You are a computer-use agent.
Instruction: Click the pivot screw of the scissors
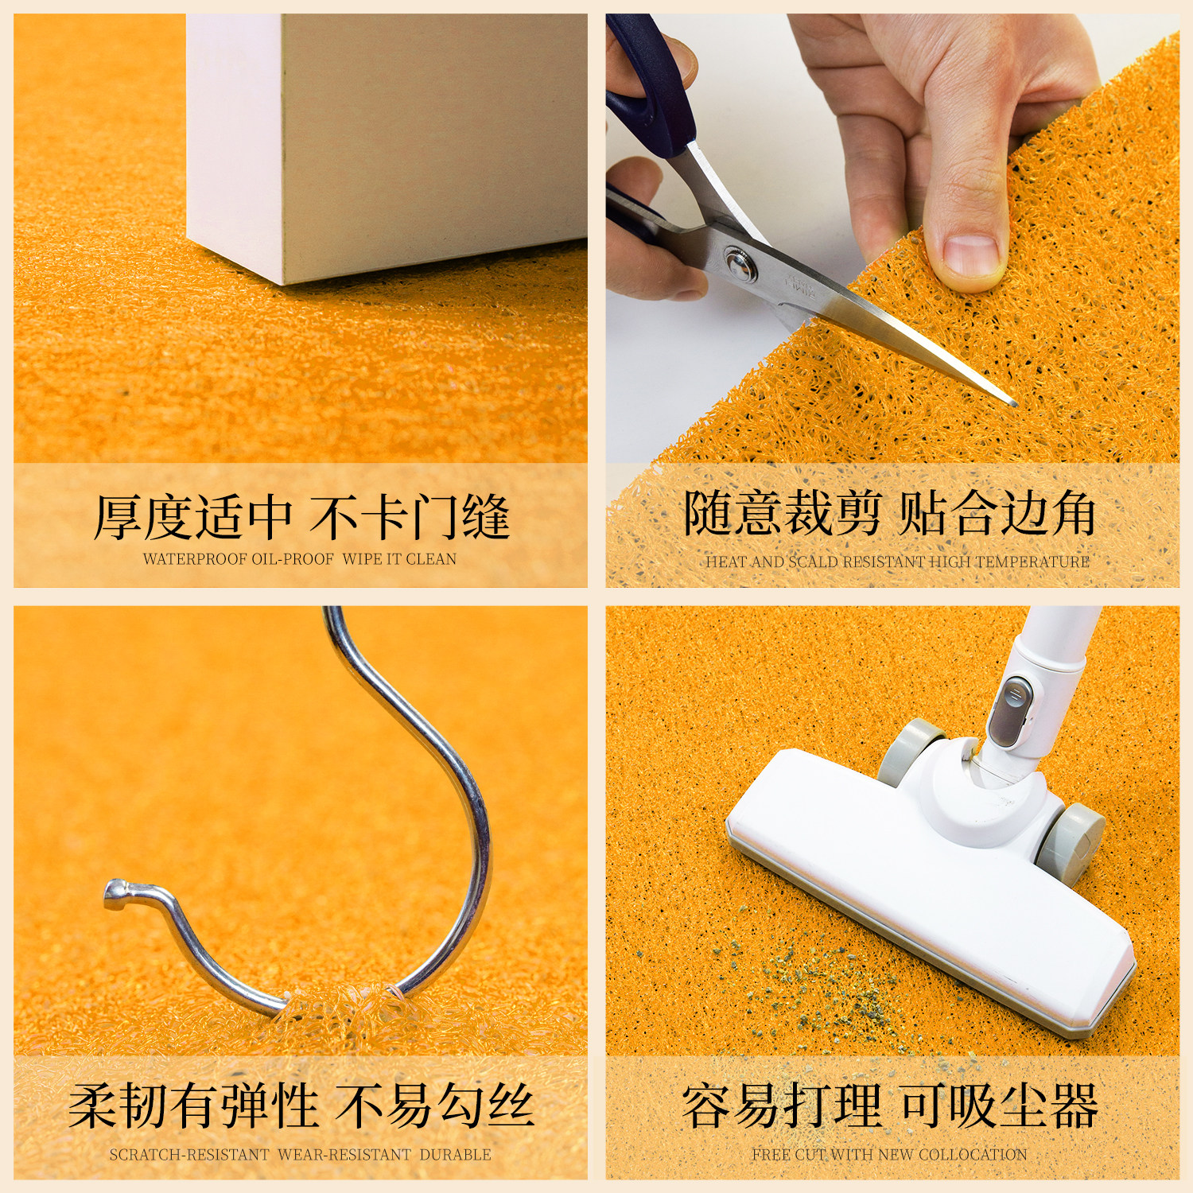point(739,263)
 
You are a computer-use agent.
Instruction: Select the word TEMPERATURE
point(1032,562)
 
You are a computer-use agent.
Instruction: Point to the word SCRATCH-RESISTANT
point(189,1154)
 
